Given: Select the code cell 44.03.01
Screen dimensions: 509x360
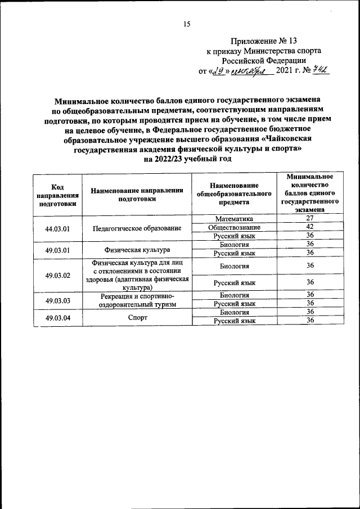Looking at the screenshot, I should click(x=58, y=228).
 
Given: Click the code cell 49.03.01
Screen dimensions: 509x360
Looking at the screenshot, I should click(x=58, y=249).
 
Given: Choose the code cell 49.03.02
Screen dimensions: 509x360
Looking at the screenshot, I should click(x=58, y=275).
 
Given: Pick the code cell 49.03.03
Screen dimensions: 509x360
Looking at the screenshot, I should click(x=58, y=300).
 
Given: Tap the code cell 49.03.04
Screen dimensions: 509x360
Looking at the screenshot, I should click(x=58, y=317).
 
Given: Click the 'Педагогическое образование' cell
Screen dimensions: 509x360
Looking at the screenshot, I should click(x=137, y=228).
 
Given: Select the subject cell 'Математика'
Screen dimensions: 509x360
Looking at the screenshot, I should click(x=235, y=218).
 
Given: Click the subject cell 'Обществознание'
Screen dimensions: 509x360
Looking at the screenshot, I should click(x=235, y=227).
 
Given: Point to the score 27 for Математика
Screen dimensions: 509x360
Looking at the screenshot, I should click(x=309, y=218).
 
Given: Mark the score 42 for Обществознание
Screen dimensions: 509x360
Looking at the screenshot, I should click(x=309, y=227).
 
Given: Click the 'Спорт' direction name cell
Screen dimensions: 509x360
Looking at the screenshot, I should click(x=137, y=317).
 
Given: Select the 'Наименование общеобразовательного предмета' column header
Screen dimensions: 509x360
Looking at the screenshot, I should click(x=235, y=195).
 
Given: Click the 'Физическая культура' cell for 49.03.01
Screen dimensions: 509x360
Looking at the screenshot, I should click(x=137, y=249).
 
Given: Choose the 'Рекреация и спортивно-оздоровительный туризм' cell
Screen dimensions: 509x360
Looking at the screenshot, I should click(x=137, y=300).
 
